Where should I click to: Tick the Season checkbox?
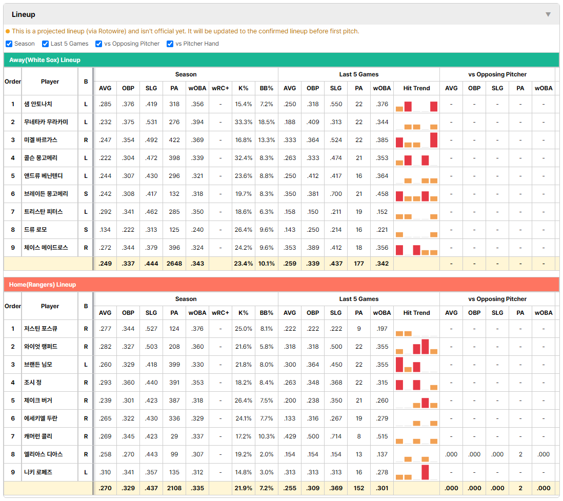pyautogui.click(x=9, y=44)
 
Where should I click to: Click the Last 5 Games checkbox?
pyautogui.click(x=45, y=44)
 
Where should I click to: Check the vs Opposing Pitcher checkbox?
pyautogui.click(x=99, y=44)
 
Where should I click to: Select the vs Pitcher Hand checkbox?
pyautogui.click(x=170, y=44)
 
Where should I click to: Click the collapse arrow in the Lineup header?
pyautogui.click(x=548, y=15)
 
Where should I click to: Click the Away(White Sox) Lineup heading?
pyautogui.click(x=45, y=60)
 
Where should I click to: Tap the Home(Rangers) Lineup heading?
pyautogui.click(x=43, y=285)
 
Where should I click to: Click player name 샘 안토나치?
pyautogui.click(x=38, y=104)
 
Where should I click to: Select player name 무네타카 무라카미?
pyautogui.click(x=46, y=122)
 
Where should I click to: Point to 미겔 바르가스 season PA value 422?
pyautogui.click(x=174, y=140)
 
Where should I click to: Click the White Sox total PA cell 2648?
pyautogui.click(x=174, y=264)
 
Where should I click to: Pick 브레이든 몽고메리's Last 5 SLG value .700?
pyautogui.click(x=336, y=194)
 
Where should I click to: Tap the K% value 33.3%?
pyautogui.click(x=244, y=122)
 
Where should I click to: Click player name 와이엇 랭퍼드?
pyautogui.click(x=41, y=347)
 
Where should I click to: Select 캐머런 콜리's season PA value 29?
pyautogui.click(x=174, y=436)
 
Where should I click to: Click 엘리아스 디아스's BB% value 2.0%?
pyautogui.click(x=267, y=454)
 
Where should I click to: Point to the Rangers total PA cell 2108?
pyautogui.click(x=174, y=488)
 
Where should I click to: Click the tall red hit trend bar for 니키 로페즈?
pyautogui.click(x=425, y=472)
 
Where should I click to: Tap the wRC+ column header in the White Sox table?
pyautogui.click(x=220, y=88)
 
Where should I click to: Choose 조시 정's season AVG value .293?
pyautogui.click(x=105, y=383)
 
